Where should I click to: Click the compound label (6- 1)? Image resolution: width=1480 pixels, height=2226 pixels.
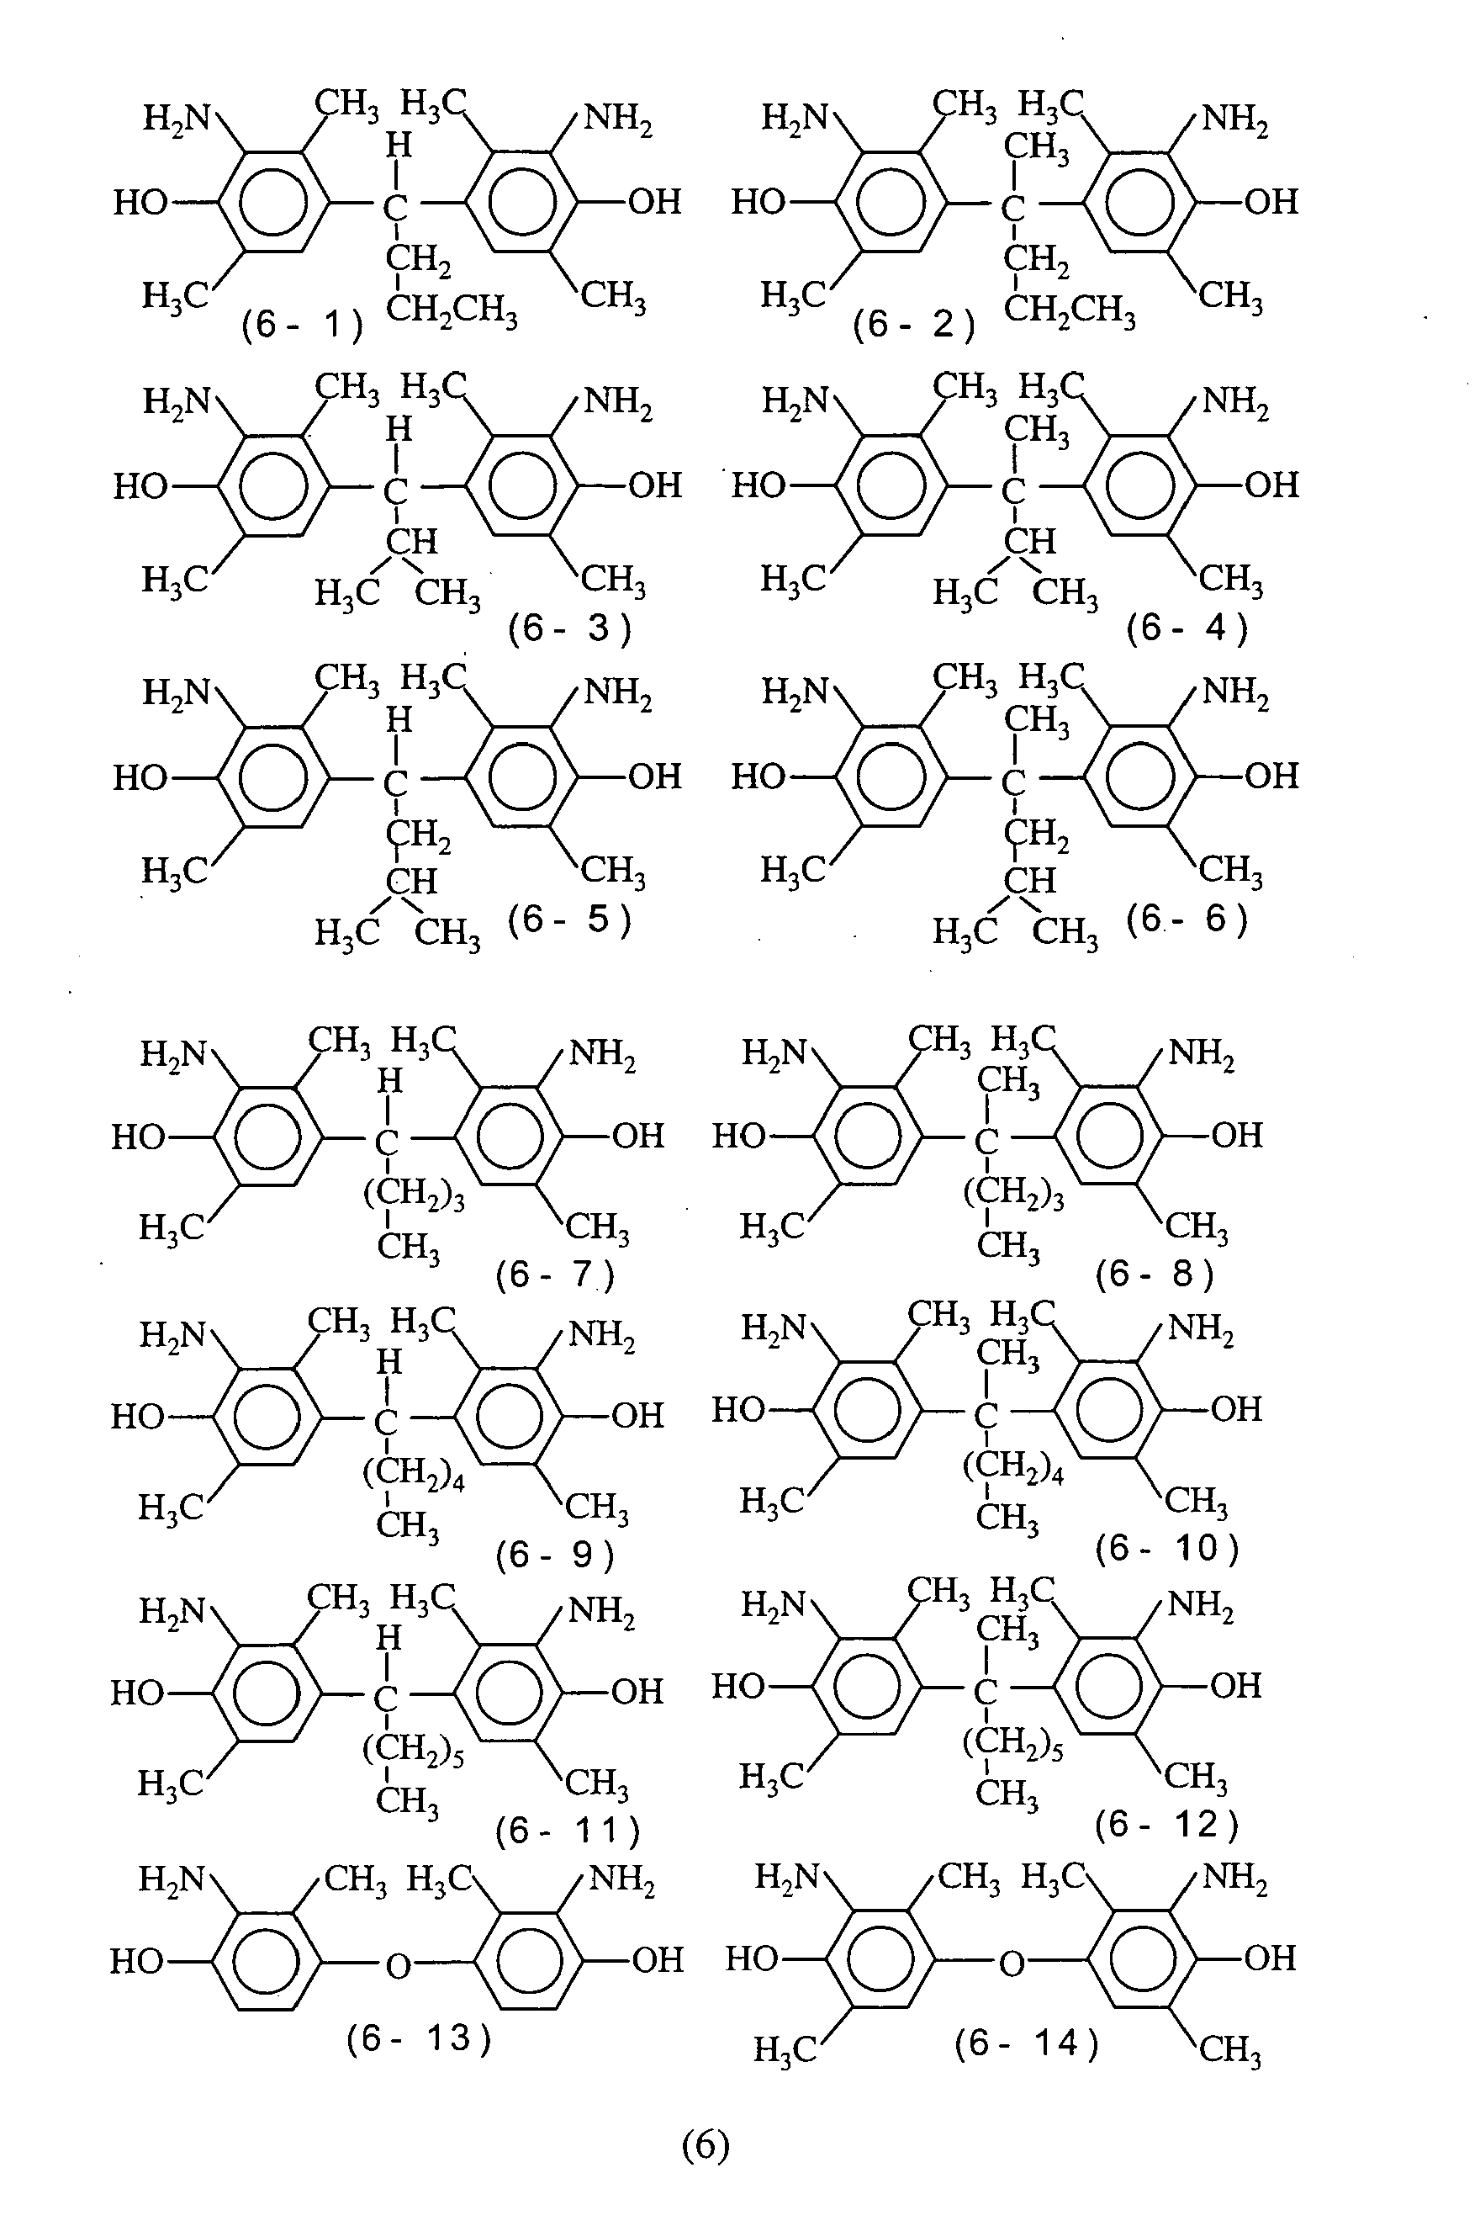(302, 326)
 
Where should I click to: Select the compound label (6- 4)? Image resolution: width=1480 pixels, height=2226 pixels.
(1187, 628)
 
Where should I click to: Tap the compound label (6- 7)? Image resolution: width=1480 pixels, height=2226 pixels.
(555, 1275)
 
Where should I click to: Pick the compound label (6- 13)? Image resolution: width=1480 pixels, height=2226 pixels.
(419, 2040)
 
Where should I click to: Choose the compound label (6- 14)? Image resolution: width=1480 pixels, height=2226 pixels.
(1027, 2043)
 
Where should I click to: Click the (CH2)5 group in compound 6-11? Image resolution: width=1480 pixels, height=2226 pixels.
(414, 1749)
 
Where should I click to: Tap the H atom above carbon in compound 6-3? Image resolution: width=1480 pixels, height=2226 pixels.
(399, 430)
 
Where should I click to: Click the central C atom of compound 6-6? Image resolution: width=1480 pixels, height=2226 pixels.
(1012, 782)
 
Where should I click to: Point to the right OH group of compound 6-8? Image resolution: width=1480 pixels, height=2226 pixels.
(1236, 1135)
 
